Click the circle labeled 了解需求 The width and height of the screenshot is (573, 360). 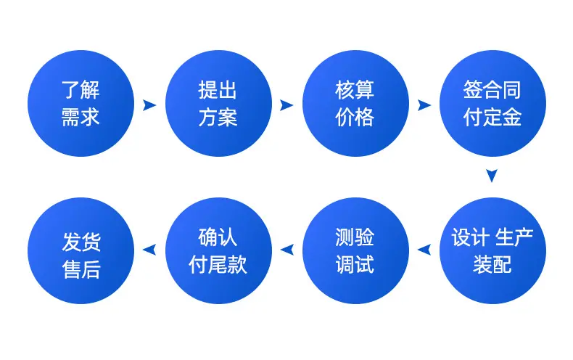pyautogui.click(x=81, y=104)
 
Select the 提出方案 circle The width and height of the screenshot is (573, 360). pyautogui.click(x=218, y=104)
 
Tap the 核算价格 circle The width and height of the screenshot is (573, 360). pyautogui.click(x=355, y=104)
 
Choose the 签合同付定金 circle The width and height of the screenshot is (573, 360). pyautogui.click(x=492, y=104)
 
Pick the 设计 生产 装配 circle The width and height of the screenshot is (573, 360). pyautogui.click(x=492, y=250)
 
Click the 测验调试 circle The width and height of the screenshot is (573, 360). pyautogui.click(x=355, y=250)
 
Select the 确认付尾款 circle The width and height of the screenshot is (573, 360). pyautogui.click(x=218, y=250)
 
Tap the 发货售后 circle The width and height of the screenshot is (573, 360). pyautogui.click(x=81, y=250)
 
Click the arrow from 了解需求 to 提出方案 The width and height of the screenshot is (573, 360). pyautogui.click(x=149, y=105)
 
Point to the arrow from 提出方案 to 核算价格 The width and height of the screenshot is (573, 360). pyautogui.click(x=286, y=105)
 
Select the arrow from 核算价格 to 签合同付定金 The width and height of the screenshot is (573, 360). pyautogui.click(x=424, y=105)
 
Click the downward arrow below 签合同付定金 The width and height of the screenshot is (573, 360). pyautogui.click(x=492, y=176)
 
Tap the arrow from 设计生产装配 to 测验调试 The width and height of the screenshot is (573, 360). pyautogui.click(x=424, y=250)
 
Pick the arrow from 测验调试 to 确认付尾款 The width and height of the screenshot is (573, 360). pyautogui.click(x=287, y=250)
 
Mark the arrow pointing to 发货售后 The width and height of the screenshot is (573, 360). pyautogui.click(x=149, y=250)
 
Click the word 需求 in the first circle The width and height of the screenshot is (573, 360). pyautogui.click(x=81, y=118)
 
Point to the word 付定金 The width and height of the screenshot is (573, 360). pyautogui.click(x=492, y=118)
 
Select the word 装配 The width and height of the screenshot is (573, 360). pyautogui.click(x=492, y=264)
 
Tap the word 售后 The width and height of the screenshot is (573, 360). pyautogui.click(x=81, y=269)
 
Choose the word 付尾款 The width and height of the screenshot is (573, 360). pyautogui.click(x=218, y=264)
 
